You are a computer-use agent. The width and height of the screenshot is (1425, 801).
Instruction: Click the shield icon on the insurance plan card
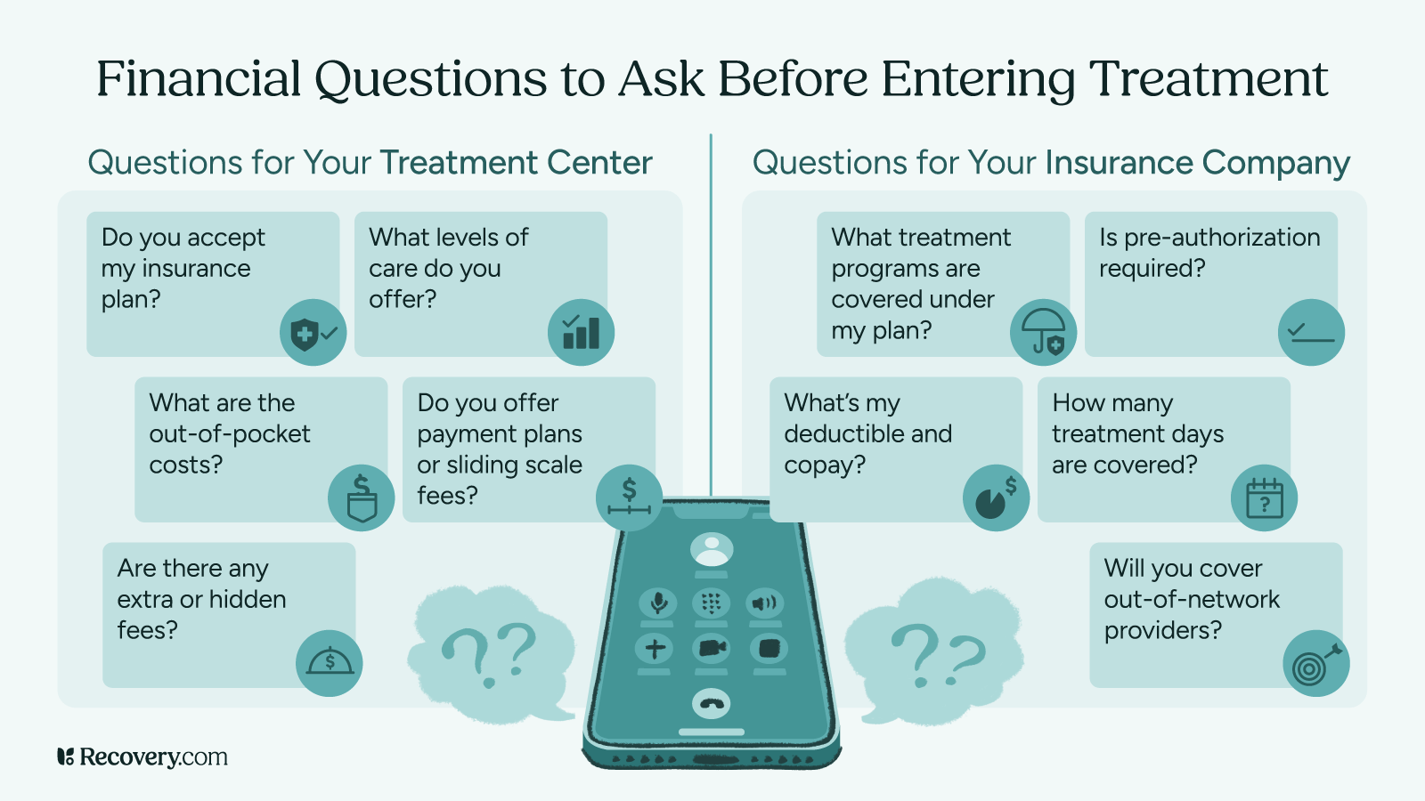point(313,333)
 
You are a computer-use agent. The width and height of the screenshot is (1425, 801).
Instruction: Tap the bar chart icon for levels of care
point(581,333)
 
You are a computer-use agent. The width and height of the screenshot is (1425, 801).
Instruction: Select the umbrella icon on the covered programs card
point(1043,333)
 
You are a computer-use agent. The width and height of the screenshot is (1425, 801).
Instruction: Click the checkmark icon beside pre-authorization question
point(1311,333)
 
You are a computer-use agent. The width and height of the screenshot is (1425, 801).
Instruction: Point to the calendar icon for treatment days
point(1264,498)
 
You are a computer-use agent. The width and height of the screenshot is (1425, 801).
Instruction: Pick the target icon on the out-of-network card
point(1315,664)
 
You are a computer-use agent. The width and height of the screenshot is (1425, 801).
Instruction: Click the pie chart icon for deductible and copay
point(996,498)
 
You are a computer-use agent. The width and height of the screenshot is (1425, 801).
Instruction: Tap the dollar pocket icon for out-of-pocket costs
point(361,498)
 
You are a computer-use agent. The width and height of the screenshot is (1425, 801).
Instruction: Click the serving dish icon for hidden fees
point(330,664)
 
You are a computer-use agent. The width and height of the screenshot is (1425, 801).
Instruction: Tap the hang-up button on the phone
point(711,704)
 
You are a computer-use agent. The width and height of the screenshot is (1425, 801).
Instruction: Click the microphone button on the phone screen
point(658,603)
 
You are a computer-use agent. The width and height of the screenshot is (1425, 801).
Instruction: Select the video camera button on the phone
point(711,648)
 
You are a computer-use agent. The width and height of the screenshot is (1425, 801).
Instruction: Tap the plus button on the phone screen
point(655,648)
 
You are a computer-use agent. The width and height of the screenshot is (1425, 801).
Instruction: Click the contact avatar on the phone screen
point(711,549)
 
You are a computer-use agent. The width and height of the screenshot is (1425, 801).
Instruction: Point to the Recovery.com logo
point(142,757)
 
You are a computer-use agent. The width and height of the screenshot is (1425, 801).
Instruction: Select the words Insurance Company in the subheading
point(1197,163)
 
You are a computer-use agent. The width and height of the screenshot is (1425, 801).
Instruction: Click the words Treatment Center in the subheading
point(516,163)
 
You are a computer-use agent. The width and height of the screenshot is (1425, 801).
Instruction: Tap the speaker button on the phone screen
point(764,603)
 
